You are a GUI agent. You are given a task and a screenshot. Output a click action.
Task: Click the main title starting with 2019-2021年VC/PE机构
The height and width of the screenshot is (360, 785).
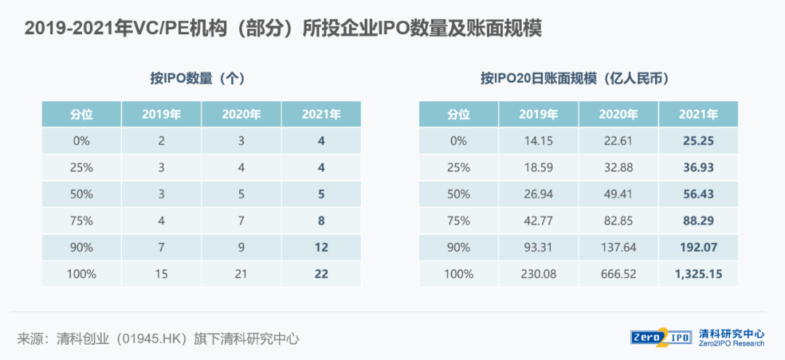(x=283, y=29)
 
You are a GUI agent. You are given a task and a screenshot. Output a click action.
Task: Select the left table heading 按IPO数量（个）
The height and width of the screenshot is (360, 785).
(x=201, y=79)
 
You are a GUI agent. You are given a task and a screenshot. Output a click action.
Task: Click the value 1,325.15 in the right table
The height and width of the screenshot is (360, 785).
(x=698, y=274)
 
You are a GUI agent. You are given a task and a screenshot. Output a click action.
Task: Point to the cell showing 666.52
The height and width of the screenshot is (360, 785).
(x=619, y=274)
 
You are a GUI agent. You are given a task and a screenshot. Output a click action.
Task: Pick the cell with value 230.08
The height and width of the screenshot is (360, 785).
(x=539, y=274)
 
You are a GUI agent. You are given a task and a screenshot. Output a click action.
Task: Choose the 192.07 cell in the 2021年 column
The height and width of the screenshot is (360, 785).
(x=698, y=247)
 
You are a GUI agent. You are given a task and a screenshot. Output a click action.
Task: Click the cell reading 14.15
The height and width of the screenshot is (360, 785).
(x=539, y=140)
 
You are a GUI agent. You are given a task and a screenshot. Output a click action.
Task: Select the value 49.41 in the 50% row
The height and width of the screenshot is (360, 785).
(x=619, y=194)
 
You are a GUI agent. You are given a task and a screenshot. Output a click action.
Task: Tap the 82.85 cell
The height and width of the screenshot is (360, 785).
(x=619, y=221)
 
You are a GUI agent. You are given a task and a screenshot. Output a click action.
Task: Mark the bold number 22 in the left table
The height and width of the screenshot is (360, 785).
(x=321, y=274)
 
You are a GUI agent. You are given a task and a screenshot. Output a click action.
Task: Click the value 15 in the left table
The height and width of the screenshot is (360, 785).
(x=161, y=274)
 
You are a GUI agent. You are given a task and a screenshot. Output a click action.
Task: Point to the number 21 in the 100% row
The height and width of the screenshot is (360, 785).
(x=241, y=274)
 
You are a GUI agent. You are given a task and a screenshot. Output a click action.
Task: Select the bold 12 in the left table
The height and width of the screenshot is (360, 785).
(x=321, y=247)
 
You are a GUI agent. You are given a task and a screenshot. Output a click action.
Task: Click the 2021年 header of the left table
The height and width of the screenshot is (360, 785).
(x=321, y=114)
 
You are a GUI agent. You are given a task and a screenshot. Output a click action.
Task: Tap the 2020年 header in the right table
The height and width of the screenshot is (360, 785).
(x=619, y=114)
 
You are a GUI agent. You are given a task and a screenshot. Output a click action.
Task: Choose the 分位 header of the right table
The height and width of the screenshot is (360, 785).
(x=459, y=114)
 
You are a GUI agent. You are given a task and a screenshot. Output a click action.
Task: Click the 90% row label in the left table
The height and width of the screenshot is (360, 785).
(x=81, y=247)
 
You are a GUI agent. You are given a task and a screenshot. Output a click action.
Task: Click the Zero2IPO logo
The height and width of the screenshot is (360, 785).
(x=661, y=337)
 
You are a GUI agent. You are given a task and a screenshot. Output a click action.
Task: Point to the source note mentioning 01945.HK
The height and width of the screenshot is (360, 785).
(x=158, y=338)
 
